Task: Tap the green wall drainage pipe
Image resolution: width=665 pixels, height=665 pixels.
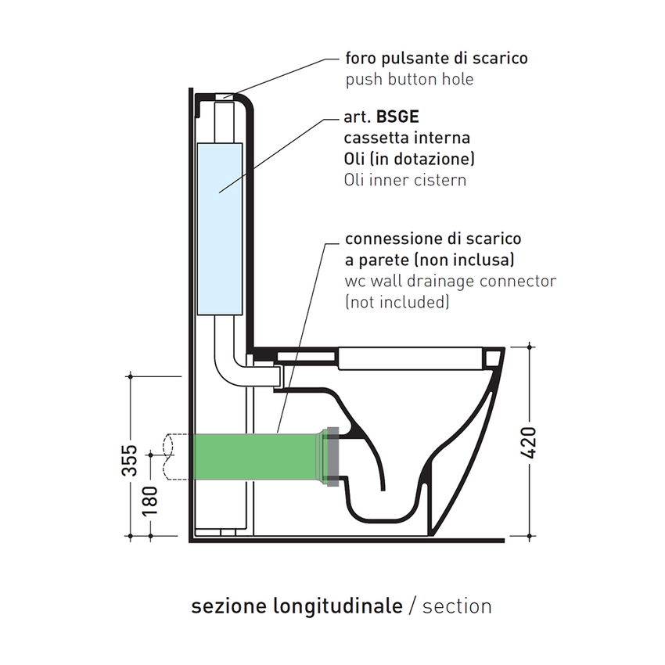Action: pos(250,455)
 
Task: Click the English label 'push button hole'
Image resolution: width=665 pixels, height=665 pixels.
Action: pos(409,80)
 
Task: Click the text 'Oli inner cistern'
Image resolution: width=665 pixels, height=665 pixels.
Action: pos(404,180)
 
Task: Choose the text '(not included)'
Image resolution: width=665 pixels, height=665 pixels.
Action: pos(397,301)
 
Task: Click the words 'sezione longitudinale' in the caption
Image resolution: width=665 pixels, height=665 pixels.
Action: pos(297,606)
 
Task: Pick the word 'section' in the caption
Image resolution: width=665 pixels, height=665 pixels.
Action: pos(457,606)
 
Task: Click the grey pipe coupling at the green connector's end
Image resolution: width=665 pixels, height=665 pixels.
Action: pos(332,455)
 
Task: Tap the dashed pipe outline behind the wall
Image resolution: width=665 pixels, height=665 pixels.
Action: pos(171,455)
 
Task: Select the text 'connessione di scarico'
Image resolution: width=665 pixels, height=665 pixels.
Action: pos(433,238)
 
